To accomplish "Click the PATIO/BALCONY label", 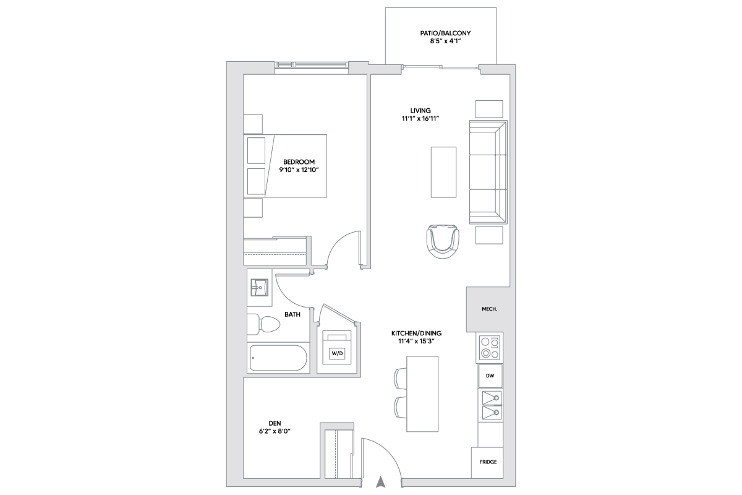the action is click(x=445, y=33).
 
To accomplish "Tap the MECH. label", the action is click(x=489, y=309).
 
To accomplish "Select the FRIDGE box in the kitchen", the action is click(x=488, y=462).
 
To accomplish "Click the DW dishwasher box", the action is click(x=490, y=376).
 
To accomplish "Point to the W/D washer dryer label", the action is click(x=337, y=353).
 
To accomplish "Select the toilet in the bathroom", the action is click(x=263, y=324).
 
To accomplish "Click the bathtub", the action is click(x=278, y=358).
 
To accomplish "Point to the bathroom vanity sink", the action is click(x=259, y=287).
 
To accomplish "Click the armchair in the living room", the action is click(x=443, y=241).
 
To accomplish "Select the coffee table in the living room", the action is click(x=443, y=172).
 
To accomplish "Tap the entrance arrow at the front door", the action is click(x=381, y=482).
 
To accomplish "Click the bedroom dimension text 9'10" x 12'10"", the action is click(x=299, y=170).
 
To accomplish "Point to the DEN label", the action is click(x=275, y=423).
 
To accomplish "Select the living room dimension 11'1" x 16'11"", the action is click(x=420, y=119).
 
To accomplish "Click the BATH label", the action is click(x=292, y=314).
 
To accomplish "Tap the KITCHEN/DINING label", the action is click(x=416, y=334).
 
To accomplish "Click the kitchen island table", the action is click(x=422, y=394).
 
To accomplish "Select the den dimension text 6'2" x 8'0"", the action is click(x=275, y=431).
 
